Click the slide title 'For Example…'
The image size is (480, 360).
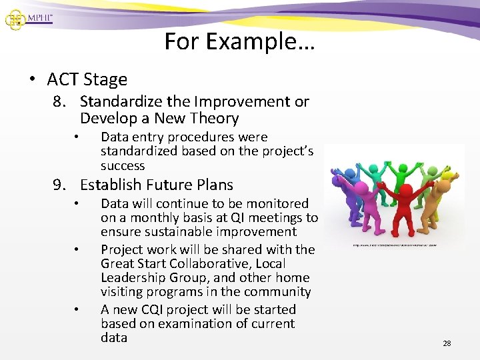tap(239, 42)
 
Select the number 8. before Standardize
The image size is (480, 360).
tap(61, 102)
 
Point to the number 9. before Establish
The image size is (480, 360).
tap(61, 185)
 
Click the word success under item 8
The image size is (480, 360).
tap(123, 166)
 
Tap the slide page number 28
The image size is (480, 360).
tap(447, 343)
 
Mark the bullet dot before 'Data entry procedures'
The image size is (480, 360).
tap(77, 137)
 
